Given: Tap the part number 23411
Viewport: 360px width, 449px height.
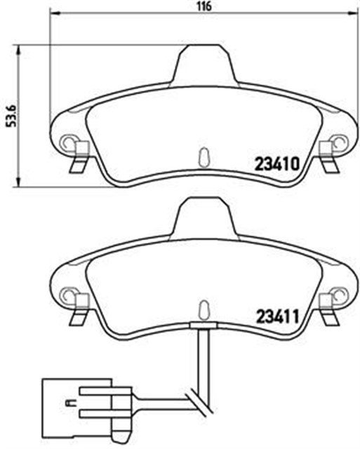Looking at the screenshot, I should click(276, 317).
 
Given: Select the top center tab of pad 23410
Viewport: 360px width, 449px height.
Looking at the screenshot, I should click(204, 63).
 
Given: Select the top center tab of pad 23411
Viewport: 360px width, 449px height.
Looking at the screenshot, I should click(204, 215).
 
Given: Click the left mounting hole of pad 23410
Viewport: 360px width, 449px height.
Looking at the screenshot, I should click(69, 143).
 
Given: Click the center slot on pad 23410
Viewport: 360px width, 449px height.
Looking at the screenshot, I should click(204, 155).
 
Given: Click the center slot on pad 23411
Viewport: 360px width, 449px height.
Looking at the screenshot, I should click(204, 307).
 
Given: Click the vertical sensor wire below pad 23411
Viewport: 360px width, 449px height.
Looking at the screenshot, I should click(204, 358).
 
